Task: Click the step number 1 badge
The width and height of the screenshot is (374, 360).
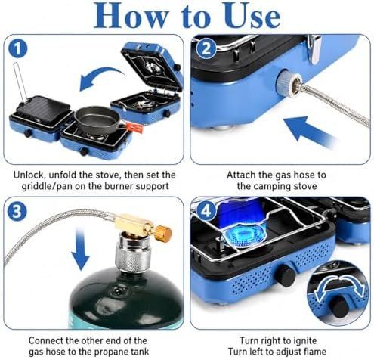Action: pos(17,49)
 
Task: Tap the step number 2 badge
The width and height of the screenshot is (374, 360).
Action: pos(206,49)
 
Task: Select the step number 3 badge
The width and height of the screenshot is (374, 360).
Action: pos(17,211)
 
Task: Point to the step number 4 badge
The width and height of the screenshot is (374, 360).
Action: pos(206,211)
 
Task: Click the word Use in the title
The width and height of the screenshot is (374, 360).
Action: pos(252,16)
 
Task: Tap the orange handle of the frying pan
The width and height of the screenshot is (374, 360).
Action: pos(134,127)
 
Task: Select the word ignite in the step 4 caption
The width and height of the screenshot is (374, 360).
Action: pos(304,341)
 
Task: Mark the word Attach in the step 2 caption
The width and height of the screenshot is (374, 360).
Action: pos(240,175)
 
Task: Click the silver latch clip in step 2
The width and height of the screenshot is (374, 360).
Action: pos(315,48)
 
